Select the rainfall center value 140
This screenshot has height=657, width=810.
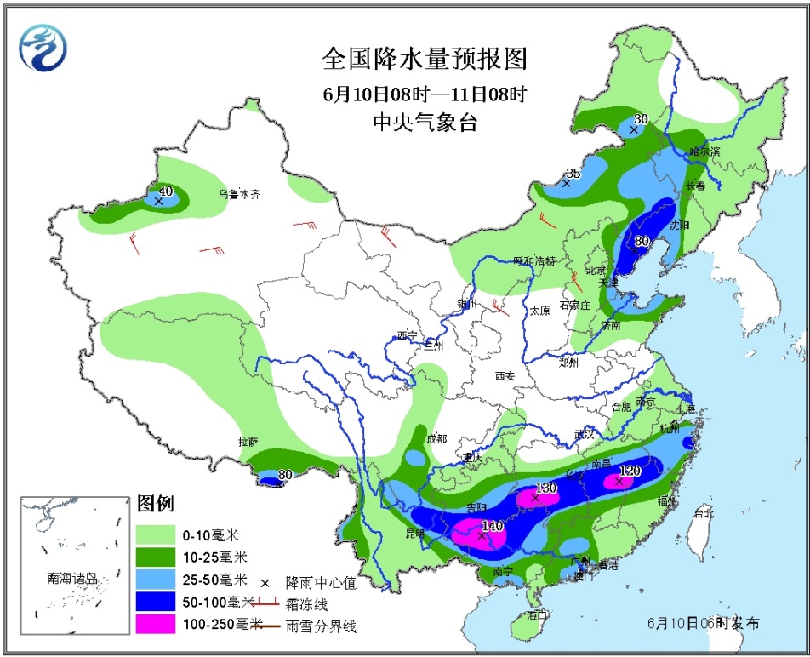click(493, 526)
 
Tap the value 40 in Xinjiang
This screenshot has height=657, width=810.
click(166, 191)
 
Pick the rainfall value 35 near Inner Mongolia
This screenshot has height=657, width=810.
click(573, 173)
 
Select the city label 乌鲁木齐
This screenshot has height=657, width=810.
click(239, 194)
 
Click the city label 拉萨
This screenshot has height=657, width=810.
click(248, 441)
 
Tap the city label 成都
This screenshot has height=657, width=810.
click(436, 439)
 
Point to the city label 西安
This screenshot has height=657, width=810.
click(505, 375)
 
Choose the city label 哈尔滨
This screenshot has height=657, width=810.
click(704, 151)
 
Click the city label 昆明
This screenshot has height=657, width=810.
click(414, 533)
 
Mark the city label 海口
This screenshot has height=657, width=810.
click(535, 614)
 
